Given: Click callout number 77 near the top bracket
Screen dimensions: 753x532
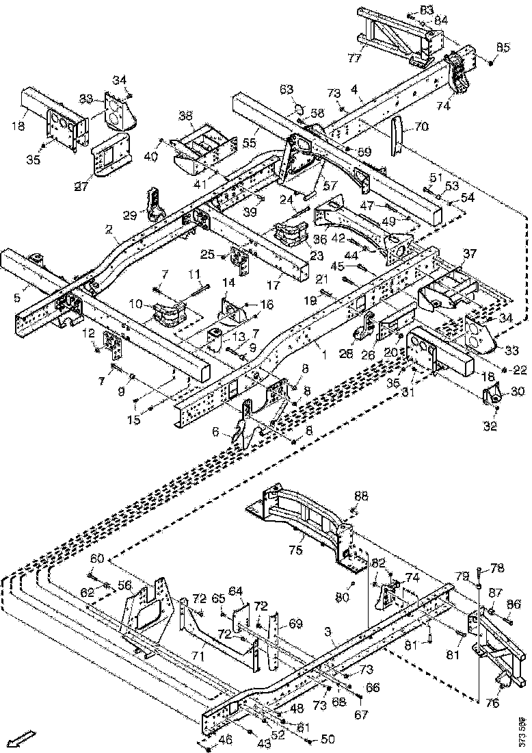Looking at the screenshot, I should [x=354, y=58].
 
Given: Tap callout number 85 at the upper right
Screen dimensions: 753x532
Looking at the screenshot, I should [x=503, y=47].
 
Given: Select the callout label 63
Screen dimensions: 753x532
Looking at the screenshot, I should [x=286, y=89].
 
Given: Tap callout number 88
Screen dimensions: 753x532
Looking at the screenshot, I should [x=360, y=495].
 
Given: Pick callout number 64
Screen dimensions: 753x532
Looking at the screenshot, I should [x=236, y=590].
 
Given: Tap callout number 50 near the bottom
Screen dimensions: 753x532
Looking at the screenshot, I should [x=328, y=739].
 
